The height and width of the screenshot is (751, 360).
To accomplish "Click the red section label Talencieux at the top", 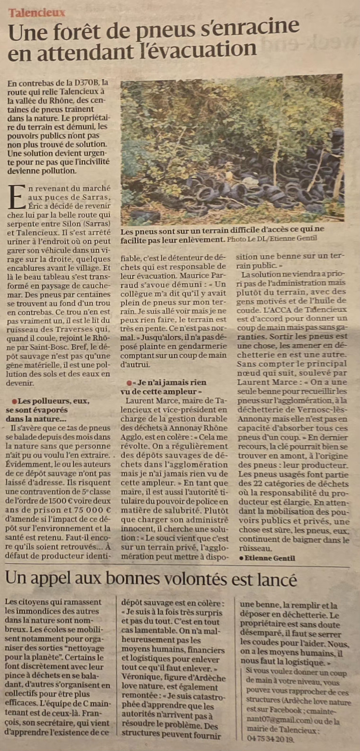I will tap(37, 13).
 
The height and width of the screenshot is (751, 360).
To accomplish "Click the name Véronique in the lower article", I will tap(139, 678).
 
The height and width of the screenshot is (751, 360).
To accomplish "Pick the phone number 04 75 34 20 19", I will tap(270, 739).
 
